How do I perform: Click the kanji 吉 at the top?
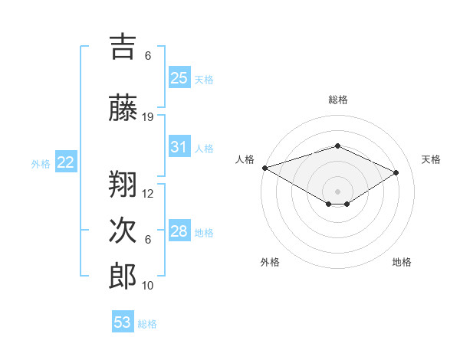pos(123,47)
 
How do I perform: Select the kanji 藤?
pos(123,109)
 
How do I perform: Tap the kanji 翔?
pos(123,185)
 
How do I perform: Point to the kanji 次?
pos(123,231)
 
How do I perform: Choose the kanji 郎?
pos(123,277)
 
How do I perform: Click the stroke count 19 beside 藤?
pos(148,117)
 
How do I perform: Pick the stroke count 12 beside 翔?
pos(148,194)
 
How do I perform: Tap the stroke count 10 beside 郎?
pos(148,286)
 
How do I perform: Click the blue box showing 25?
pos(179,77)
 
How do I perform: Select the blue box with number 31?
pos(179,147)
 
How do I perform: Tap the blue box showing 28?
pos(179,231)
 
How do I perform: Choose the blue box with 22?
pos(65,162)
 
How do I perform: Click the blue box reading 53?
pos(123,322)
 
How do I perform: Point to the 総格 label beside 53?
pos(147,324)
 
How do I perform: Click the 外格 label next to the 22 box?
pos(41,163)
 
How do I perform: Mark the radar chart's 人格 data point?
pos(264,168)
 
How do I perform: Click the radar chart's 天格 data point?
pos(396,172)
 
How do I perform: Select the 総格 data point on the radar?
pos(337,146)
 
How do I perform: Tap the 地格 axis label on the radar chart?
pos(402,262)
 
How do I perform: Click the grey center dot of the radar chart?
pos(337,191)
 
